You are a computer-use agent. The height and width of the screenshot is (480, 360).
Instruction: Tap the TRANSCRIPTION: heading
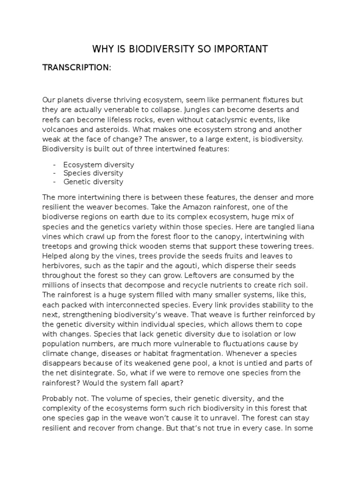click(x=77, y=67)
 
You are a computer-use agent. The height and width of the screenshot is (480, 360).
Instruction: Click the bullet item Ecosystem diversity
click(x=98, y=165)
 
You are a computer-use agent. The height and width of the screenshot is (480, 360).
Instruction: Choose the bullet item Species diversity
click(x=93, y=173)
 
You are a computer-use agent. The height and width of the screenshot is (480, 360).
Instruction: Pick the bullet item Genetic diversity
click(x=93, y=181)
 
